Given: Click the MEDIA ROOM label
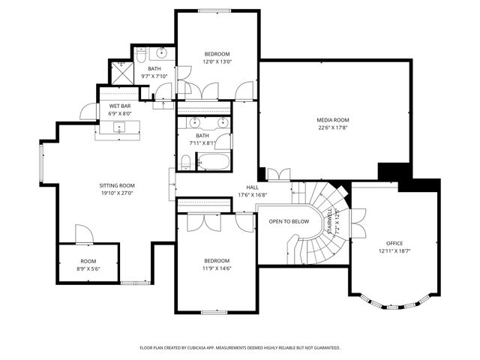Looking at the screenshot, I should click(332, 120).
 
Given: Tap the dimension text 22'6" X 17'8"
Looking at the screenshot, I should click(332, 127).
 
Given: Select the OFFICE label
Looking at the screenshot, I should click(394, 244).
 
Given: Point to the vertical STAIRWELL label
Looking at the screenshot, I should click(328, 222).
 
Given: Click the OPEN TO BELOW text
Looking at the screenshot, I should click(289, 221).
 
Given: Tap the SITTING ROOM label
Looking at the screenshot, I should click(117, 185).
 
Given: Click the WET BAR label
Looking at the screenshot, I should click(120, 106).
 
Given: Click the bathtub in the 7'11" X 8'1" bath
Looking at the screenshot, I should click(213, 161).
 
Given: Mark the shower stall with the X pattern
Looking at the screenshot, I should click(120, 71).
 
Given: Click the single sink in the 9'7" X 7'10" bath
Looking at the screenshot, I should click(162, 53).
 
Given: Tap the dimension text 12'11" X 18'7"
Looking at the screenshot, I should click(394, 251).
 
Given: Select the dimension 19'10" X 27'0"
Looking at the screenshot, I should click(117, 193).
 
